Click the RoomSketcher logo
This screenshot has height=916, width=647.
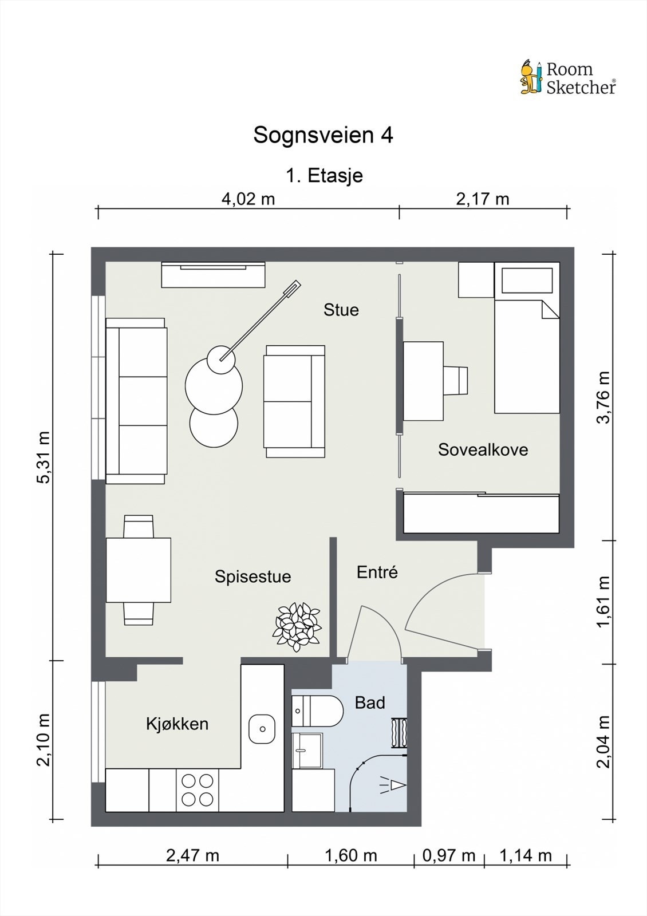[568, 77]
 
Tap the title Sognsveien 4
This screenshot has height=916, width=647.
[323, 135]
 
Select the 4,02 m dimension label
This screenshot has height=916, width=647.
[248, 199]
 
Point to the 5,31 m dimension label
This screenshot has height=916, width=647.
[44, 457]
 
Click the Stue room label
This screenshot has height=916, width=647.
[341, 310]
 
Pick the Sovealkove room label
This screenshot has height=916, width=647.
[483, 450]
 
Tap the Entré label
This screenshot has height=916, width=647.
[377, 572]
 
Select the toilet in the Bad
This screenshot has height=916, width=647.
[317, 711]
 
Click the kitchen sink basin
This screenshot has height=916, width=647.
[262, 729]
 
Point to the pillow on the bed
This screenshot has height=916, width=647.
[527, 281]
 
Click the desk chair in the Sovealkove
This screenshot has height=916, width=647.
[455, 381]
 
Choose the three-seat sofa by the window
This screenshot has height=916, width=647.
[136, 401]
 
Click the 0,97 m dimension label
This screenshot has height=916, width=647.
[449, 855]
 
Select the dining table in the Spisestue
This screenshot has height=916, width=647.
[138, 570]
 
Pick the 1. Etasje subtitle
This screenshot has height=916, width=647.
[324, 176]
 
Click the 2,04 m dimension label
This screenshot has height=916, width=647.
[603, 741]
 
